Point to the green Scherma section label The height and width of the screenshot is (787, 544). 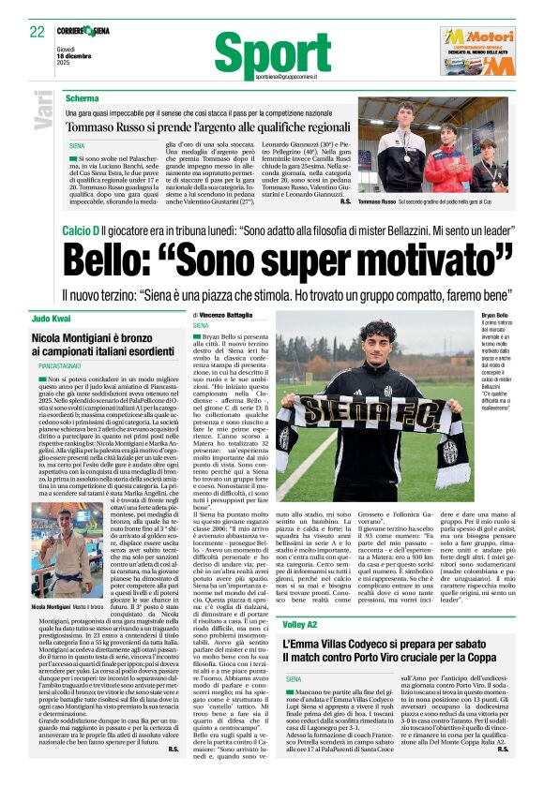[82, 98]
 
